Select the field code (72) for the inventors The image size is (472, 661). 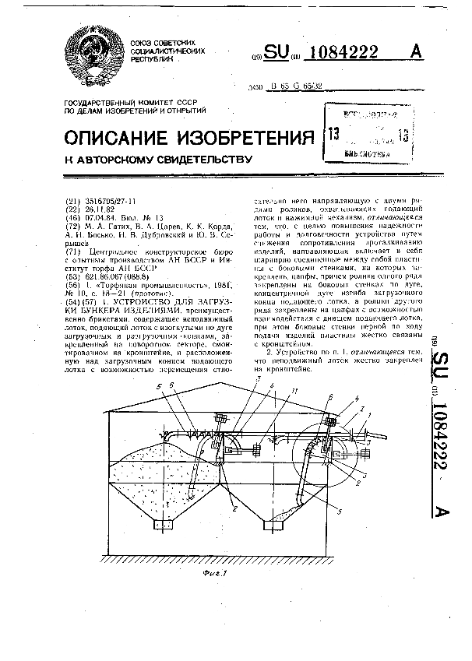click(x=72, y=226)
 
